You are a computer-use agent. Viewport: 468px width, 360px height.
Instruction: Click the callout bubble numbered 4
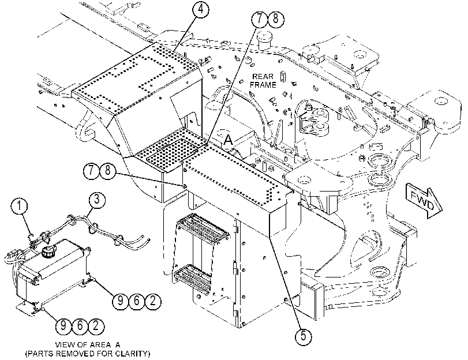201,9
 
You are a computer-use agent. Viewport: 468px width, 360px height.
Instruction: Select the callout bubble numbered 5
303,336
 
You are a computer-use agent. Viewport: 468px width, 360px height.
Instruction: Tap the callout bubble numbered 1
20,207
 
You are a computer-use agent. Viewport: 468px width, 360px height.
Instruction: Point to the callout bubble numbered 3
96,200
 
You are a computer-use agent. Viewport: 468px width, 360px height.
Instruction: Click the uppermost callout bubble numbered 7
260,18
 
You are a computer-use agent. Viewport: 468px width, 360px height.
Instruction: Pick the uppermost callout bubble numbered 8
276,18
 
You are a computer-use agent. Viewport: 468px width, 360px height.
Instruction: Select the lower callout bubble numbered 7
92,171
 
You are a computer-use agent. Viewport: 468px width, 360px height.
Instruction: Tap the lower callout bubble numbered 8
108,171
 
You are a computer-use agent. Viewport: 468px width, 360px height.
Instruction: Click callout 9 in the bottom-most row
63,325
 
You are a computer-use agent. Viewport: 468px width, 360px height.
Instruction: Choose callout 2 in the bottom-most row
96,325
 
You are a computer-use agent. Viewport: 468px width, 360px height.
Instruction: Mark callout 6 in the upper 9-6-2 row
137,301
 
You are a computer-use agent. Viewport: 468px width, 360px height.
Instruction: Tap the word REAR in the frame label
263,77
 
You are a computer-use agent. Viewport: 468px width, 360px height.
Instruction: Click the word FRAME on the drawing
263,85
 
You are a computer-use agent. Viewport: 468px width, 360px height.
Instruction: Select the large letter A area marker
229,140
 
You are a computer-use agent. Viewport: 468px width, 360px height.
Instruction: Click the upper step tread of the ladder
203,228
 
